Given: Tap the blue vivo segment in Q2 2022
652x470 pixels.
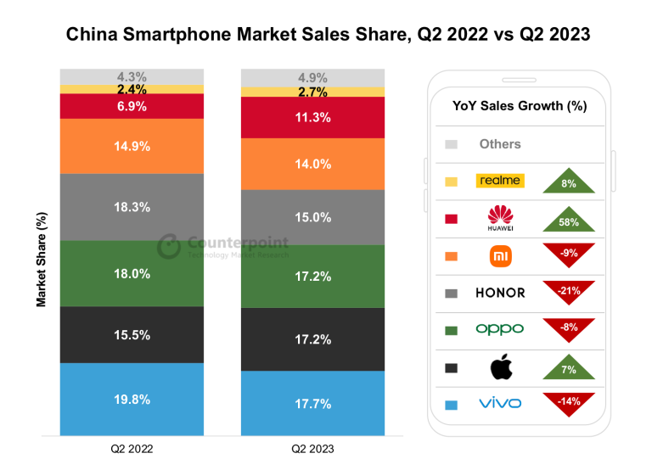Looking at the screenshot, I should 132,398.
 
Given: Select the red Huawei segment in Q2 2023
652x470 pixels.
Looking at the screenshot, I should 312,117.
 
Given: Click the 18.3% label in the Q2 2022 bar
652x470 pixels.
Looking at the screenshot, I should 132,206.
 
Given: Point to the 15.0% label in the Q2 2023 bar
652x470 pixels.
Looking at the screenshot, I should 313,217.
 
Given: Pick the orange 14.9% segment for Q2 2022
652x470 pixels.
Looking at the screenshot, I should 132,146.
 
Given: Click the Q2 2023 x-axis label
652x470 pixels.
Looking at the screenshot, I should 312,447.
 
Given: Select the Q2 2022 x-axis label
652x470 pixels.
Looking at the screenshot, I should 132,447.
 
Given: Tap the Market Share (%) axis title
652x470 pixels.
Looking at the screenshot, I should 41,259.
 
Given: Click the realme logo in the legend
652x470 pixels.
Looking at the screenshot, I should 500,181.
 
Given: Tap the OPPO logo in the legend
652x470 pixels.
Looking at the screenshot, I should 500,329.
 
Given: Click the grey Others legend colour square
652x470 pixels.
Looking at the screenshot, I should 451,144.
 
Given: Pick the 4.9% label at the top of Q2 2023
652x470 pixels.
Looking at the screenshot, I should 313,78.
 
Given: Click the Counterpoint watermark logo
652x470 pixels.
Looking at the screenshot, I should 170,246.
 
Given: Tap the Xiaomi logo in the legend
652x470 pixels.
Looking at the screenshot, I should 500,255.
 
